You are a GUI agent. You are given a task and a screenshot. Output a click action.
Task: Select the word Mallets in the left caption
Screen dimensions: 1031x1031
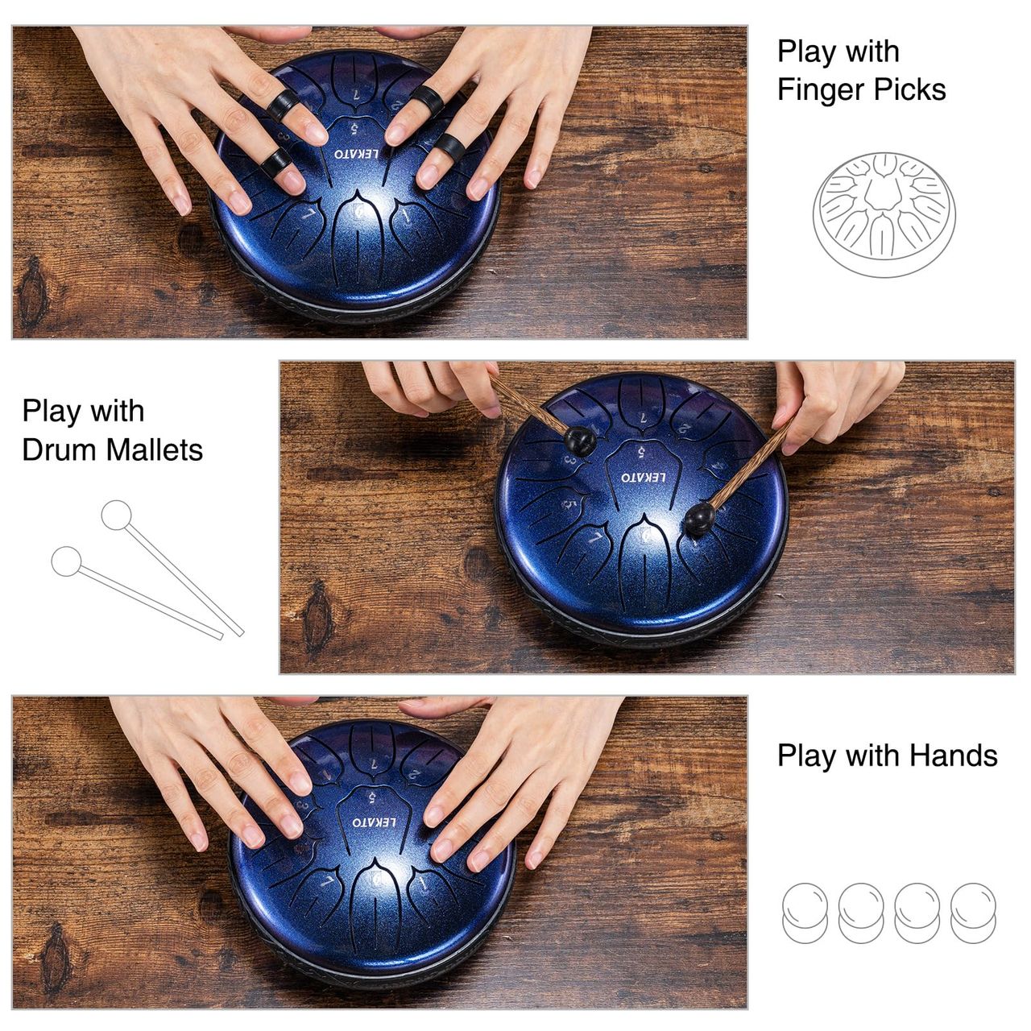[x=155, y=449]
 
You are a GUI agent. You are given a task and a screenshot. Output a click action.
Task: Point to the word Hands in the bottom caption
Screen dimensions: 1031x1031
[x=954, y=755]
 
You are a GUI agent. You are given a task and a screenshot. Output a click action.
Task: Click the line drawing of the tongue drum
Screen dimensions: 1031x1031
[x=884, y=214]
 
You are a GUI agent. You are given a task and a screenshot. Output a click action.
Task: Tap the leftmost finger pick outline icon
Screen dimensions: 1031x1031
[x=805, y=913]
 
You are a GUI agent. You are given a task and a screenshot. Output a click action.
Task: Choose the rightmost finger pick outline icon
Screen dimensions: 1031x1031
[x=973, y=913]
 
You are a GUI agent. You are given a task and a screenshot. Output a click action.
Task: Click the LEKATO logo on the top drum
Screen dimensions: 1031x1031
[x=356, y=154]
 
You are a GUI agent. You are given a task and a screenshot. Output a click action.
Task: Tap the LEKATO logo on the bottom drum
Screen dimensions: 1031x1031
[x=375, y=822]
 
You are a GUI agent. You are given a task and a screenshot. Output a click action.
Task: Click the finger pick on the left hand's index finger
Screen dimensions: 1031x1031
[x=283, y=105]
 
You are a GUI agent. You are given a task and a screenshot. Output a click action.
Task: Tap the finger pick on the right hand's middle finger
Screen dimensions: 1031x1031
[x=426, y=100]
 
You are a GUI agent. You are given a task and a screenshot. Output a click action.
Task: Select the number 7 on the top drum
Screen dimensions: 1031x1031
[x=356, y=95]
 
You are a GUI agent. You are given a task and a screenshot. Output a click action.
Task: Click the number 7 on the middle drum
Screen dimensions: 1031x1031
[x=644, y=418]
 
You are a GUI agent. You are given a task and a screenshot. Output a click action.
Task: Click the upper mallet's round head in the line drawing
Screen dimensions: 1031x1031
[x=117, y=515]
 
